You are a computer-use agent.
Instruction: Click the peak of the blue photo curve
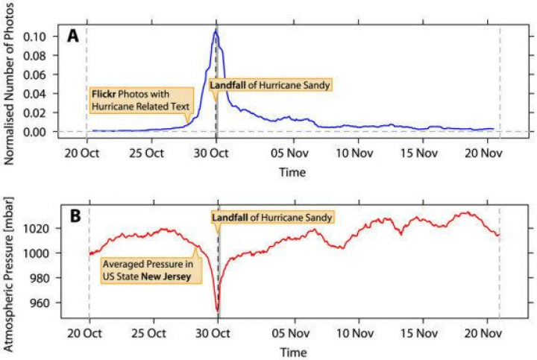pyautogui.click(x=215, y=31)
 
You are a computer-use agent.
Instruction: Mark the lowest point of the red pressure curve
pyautogui.click(x=217, y=310)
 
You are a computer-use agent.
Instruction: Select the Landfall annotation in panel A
pyautogui.click(x=269, y=85)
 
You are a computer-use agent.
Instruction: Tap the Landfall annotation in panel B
pyautogui.click(x=271, y=217)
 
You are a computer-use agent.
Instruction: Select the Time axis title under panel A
pyautogui.click(x=292, y=172)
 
